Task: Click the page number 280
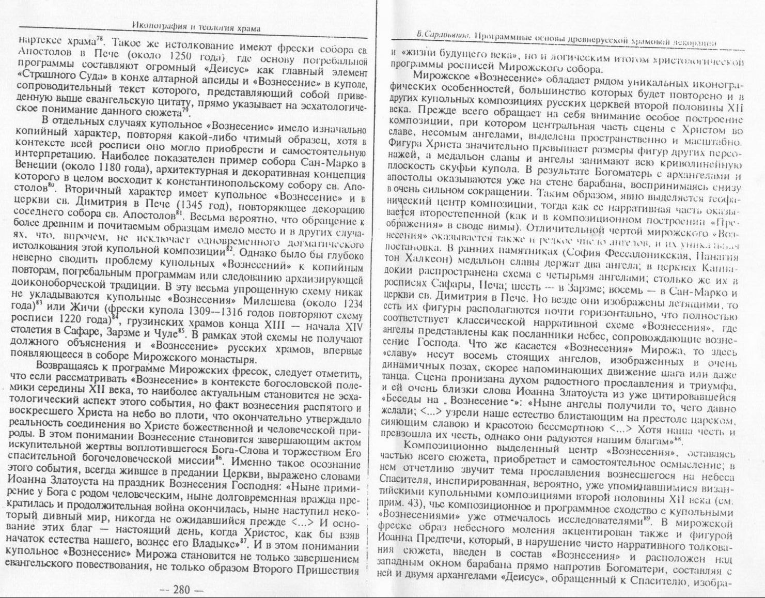coord(181,589)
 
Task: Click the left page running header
coord(196,28)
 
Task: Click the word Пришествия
coord(327,570)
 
